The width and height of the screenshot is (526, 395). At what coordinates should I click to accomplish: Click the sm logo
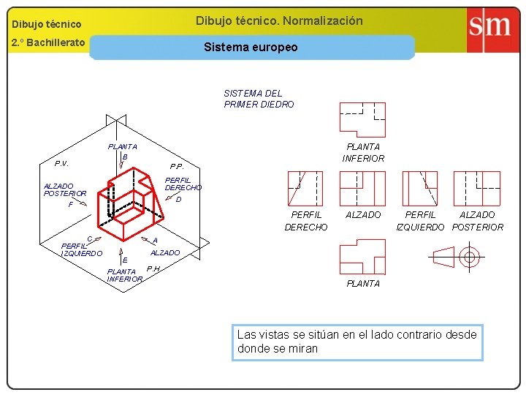click(x=489, y=28)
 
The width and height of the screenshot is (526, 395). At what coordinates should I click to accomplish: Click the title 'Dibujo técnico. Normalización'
click(x=279, y=20)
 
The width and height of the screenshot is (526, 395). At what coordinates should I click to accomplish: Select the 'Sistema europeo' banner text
click(x=251, y=47)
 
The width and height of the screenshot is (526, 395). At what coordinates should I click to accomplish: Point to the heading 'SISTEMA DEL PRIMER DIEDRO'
click(x=259, y=99)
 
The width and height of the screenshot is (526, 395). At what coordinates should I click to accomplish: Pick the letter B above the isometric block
click(x=125, y=157)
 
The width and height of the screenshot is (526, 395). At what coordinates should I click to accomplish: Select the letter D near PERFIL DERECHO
click(x=178, y=199)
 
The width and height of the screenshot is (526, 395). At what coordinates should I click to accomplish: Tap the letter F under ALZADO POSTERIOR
click(x=71, y=205)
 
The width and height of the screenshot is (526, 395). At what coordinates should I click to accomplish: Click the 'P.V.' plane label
click(x=61, y=163)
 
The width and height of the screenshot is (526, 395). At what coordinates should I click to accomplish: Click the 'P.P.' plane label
click(x=177, y=166)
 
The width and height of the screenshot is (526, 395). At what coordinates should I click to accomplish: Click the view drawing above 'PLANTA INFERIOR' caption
click(x=362, y=120)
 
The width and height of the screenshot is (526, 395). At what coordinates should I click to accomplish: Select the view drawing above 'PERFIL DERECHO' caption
click(x=305, y=189)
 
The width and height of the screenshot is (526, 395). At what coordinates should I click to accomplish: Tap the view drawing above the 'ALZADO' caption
click(x=362, y=189)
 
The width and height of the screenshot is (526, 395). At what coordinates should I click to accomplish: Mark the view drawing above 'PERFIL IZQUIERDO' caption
click(x=419, y=189)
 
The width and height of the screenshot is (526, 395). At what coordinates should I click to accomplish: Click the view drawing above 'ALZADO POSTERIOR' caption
click(x=476, y=189)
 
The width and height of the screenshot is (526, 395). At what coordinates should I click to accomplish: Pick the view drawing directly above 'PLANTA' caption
click(x=362, y=257)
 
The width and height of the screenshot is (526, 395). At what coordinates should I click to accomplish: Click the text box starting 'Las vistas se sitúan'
click(x=357, y=342)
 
